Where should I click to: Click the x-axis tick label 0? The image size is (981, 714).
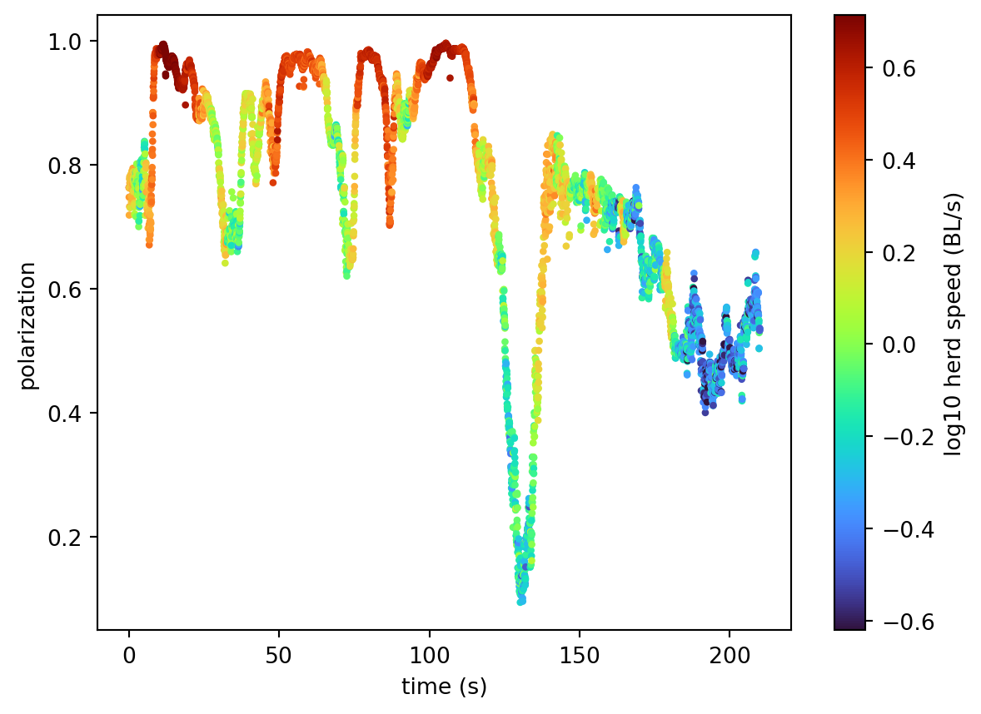tap(128, 654)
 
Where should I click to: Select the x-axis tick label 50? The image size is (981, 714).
tap(279, 654)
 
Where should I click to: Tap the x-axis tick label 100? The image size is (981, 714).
tap(429, 654)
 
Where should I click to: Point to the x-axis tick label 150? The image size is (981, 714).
tap(580, 654)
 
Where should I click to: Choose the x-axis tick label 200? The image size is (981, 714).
tap(730, 654)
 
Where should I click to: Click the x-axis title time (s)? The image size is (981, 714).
tap(444, 687)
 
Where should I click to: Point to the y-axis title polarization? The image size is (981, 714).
tap(28, 325)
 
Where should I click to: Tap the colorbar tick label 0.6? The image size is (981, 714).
tap(898, 68)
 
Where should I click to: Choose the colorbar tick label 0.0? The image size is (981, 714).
tap(898, 345)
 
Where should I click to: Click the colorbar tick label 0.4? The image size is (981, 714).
tap(898, 161)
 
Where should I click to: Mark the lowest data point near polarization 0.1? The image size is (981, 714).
tap(521, 601)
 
